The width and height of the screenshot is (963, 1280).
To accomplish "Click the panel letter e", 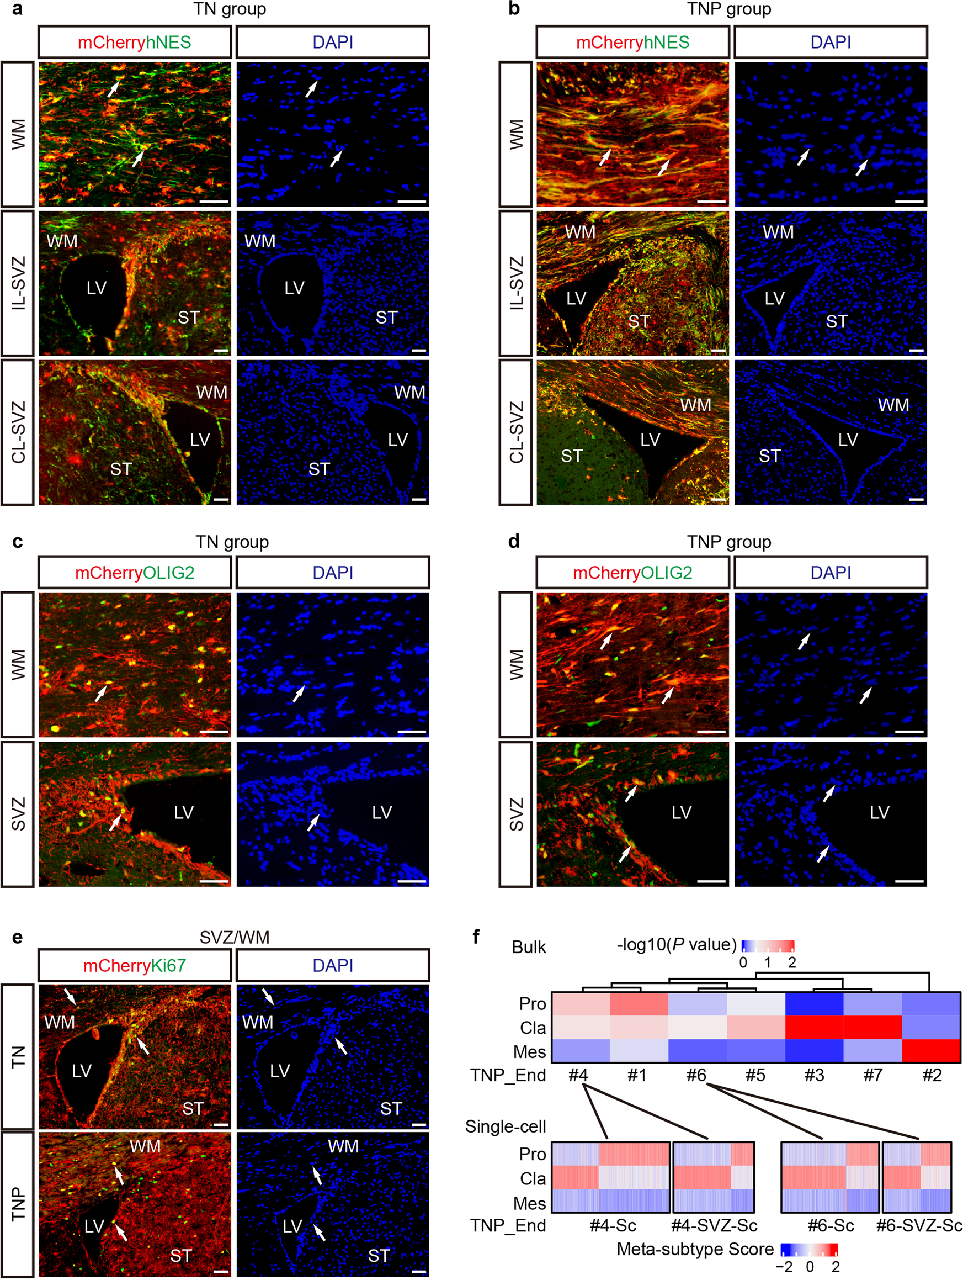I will (x=17, y=937).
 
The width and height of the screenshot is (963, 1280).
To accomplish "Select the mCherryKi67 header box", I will (x=135, y=965).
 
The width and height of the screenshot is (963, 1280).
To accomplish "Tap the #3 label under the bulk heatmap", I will (x=814, y=1075).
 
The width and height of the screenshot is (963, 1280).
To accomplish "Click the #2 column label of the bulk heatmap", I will (x=931, y=1075).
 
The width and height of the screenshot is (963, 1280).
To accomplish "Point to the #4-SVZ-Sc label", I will (x=714, y=1225).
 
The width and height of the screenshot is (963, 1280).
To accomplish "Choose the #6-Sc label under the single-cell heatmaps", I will (x=831, y=1225).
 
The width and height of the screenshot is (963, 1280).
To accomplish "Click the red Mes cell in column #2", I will (x=931, y=1051).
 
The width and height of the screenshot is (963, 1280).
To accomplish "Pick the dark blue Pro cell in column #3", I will (x=814, y=1004).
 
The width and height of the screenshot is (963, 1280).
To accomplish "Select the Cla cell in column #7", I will (x=873, y=1027).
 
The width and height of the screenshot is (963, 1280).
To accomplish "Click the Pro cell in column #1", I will (x=639, y=1004).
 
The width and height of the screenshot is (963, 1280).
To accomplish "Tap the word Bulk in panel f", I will (x=529, y=947).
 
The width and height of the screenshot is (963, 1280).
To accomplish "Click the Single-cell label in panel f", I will (x=506, y=1126).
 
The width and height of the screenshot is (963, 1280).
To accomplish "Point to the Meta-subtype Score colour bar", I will (x=808, y=1249).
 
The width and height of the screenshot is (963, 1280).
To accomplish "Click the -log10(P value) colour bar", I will (x=768, y=946).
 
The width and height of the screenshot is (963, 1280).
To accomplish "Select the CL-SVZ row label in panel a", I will (x=18, y=432).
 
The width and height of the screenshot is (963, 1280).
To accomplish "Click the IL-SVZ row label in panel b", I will (x=515, y=283).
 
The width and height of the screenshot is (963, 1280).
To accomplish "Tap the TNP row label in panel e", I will (x=18, y=1204).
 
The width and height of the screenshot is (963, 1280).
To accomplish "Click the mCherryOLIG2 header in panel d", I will (x=633, y=572).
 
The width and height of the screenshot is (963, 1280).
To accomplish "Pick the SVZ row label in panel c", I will (x=18, y=813).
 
